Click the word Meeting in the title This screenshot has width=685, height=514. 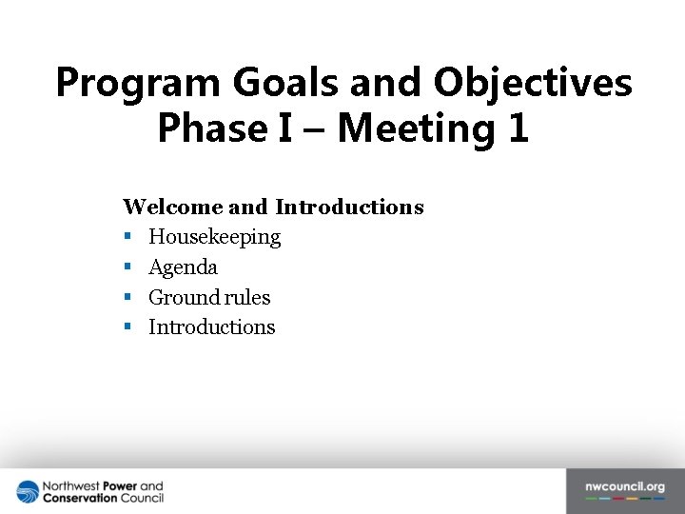416,128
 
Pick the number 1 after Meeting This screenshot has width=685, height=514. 518,128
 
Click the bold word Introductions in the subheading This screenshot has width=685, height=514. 349,207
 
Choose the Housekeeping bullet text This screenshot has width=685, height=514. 214,237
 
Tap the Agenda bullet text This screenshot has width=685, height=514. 183,267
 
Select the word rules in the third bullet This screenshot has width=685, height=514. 247,298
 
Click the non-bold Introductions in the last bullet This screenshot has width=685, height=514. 211,327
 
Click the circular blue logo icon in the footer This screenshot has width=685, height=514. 28,492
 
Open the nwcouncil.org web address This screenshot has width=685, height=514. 624,487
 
